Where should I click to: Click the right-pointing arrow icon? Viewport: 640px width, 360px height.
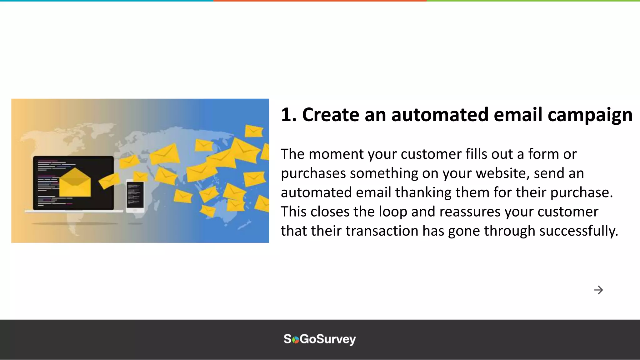tap(598, 290)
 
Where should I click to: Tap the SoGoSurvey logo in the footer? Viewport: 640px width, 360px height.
tap(320, 339)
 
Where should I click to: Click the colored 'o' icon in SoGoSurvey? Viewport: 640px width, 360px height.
tap(295, 340)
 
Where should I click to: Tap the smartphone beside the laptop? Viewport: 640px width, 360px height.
tap(135, 196)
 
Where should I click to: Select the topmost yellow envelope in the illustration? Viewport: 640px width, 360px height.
tap(253, 131)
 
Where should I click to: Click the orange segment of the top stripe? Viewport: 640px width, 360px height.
tap(320, 1)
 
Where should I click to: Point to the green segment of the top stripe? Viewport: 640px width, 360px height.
tap(533, 1)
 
